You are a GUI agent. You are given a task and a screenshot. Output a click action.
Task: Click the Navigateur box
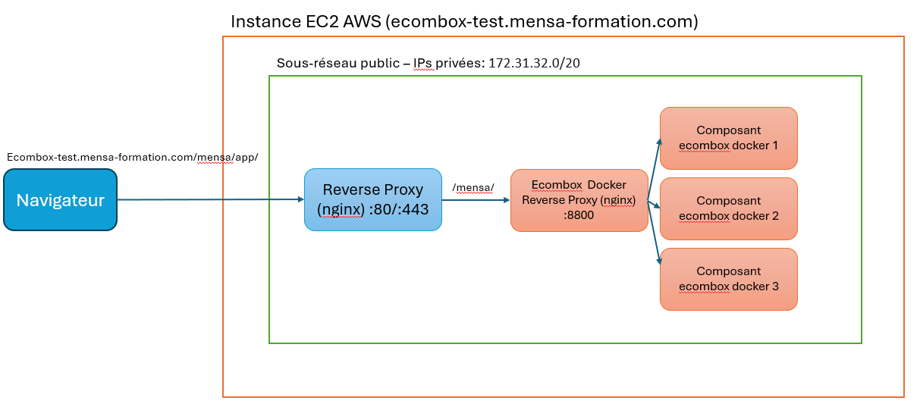pos(60,200)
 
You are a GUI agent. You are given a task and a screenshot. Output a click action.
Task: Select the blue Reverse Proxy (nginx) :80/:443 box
pos(372,199)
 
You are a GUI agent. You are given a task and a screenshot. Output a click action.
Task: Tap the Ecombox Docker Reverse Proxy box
pos(579,200)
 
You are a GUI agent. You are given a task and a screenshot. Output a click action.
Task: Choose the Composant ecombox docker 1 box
pos(728,138)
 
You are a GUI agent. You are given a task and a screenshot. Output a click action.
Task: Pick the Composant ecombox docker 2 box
pos(728,208)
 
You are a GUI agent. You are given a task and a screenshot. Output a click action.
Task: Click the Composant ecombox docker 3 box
pos(728,279)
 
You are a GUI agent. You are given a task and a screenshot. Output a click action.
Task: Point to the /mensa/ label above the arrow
pos(473,187)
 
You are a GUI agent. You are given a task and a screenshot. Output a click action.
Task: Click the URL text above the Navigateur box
pos(132,157)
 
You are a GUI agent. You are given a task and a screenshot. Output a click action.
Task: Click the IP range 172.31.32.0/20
pos(534,63)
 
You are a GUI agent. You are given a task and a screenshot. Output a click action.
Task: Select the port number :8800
pos(579,214)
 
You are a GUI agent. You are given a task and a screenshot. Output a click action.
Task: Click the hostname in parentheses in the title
pos(542,22)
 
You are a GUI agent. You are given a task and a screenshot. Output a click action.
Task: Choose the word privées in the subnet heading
pos(460,63)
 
